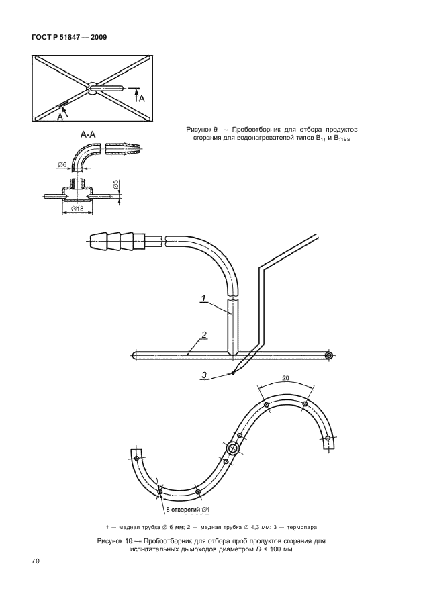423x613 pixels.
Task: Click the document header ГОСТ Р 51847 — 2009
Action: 68,37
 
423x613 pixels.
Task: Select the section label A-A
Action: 87,135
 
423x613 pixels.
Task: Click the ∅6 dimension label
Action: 62,165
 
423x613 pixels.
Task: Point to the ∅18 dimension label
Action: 77,209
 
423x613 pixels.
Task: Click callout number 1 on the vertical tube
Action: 203,298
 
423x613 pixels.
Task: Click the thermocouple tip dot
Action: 232,373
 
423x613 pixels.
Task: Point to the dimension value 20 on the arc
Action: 286,378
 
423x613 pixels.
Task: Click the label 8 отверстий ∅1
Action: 187,510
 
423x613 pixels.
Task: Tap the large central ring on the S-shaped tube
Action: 234,449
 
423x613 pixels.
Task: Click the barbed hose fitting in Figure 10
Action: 117,240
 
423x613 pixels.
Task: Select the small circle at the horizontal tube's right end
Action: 329,355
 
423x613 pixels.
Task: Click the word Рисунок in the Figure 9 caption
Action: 199,130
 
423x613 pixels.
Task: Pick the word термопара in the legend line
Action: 302,527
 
